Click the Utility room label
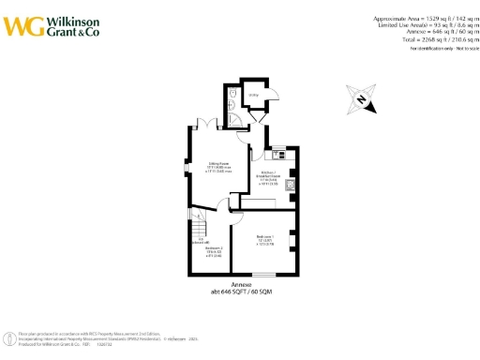point(253,95)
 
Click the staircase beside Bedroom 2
point(199,230)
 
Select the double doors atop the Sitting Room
point(207,125)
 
